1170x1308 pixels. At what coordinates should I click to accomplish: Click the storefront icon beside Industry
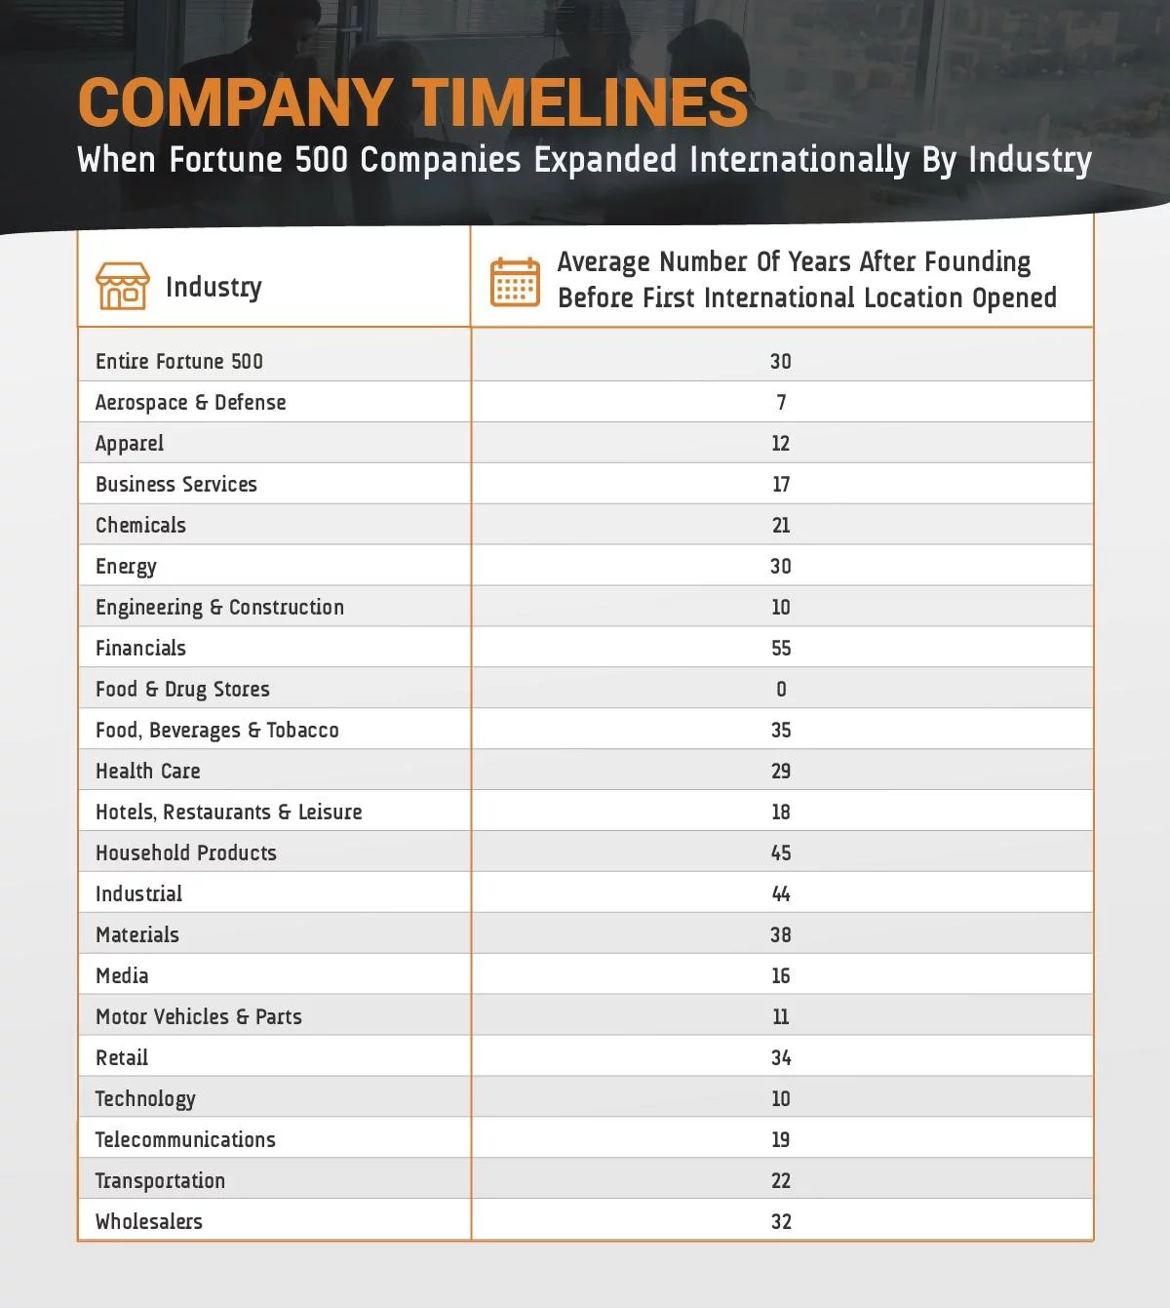(123, 286)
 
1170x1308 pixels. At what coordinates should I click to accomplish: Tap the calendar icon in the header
(515, 283)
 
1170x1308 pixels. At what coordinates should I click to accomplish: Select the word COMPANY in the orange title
(235, 102)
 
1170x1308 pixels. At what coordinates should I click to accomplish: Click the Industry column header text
(214, 287)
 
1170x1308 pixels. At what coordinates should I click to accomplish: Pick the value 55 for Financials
(781, 649)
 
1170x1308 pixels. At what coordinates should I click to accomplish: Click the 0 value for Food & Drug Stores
(781, 690)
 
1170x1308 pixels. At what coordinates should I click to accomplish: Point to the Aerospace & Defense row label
(191, 403)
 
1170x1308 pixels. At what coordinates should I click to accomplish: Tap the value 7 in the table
(781, 403)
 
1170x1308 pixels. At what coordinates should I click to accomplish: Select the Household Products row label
(186, 853)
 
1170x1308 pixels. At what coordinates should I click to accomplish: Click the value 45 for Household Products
(781, 853)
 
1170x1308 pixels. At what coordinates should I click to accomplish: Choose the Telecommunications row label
(185, 1140)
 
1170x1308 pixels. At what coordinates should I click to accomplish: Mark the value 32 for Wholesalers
(781, 1222)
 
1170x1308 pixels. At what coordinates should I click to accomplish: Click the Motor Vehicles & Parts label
(199, 1017)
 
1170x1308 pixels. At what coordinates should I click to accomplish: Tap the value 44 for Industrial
(781, 894)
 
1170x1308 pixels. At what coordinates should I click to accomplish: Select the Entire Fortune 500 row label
(179, 362)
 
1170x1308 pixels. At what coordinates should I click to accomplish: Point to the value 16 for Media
(781, 976)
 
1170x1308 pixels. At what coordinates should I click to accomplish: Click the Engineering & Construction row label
(219, 608)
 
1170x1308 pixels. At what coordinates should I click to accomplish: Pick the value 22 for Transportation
(781, 1181)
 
